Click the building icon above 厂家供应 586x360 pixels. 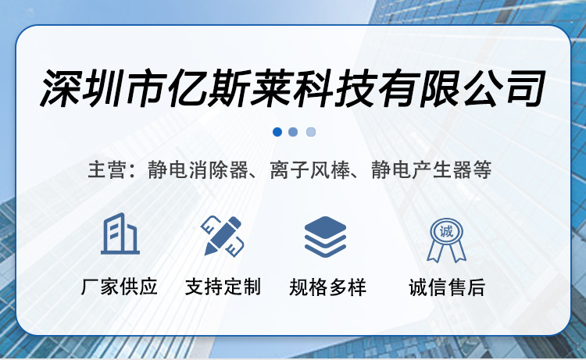(x=120, y=234)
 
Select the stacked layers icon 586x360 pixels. (x=325, y=236)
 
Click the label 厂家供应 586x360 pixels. (x=120, y=287)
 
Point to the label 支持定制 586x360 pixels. (x=223, y=287)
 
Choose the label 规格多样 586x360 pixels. (x=327, y=287)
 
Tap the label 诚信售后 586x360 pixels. (x=447, y=287)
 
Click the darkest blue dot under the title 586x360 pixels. (x=277, y=132)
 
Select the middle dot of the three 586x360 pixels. (x=293, y=132)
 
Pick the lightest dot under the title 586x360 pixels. (x=311, y=132)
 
